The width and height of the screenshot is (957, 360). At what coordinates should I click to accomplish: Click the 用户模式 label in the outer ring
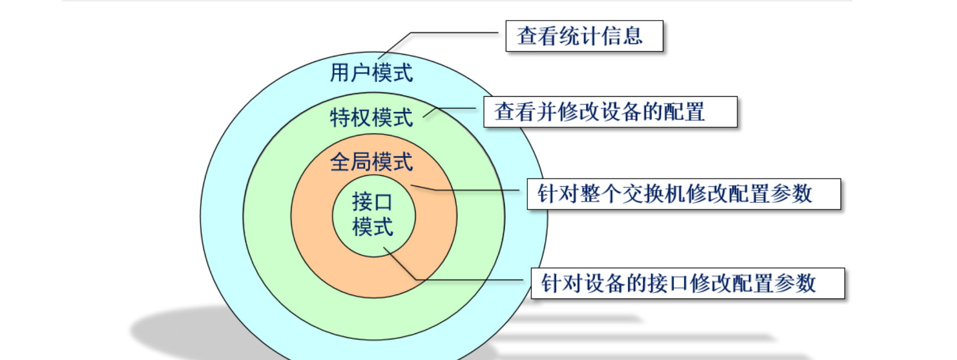(x=371, y=73)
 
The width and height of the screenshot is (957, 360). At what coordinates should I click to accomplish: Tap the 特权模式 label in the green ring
(x=371, y=118)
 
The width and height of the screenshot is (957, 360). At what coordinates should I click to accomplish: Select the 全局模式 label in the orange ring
(x=371, y=162)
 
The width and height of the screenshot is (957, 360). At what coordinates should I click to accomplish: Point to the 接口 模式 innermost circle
(x=373, y=215)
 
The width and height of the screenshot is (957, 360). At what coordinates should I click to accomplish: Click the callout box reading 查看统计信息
(x=584, y=36)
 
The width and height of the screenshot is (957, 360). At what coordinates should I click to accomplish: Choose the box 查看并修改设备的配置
(x=610, y=112)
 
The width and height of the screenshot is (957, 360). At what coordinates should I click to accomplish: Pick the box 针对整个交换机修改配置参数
(x=683, y=194)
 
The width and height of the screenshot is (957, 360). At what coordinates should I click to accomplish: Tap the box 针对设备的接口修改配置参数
(x=688, y=283)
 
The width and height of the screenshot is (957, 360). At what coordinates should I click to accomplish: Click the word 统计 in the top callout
(x=579, y=36)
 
